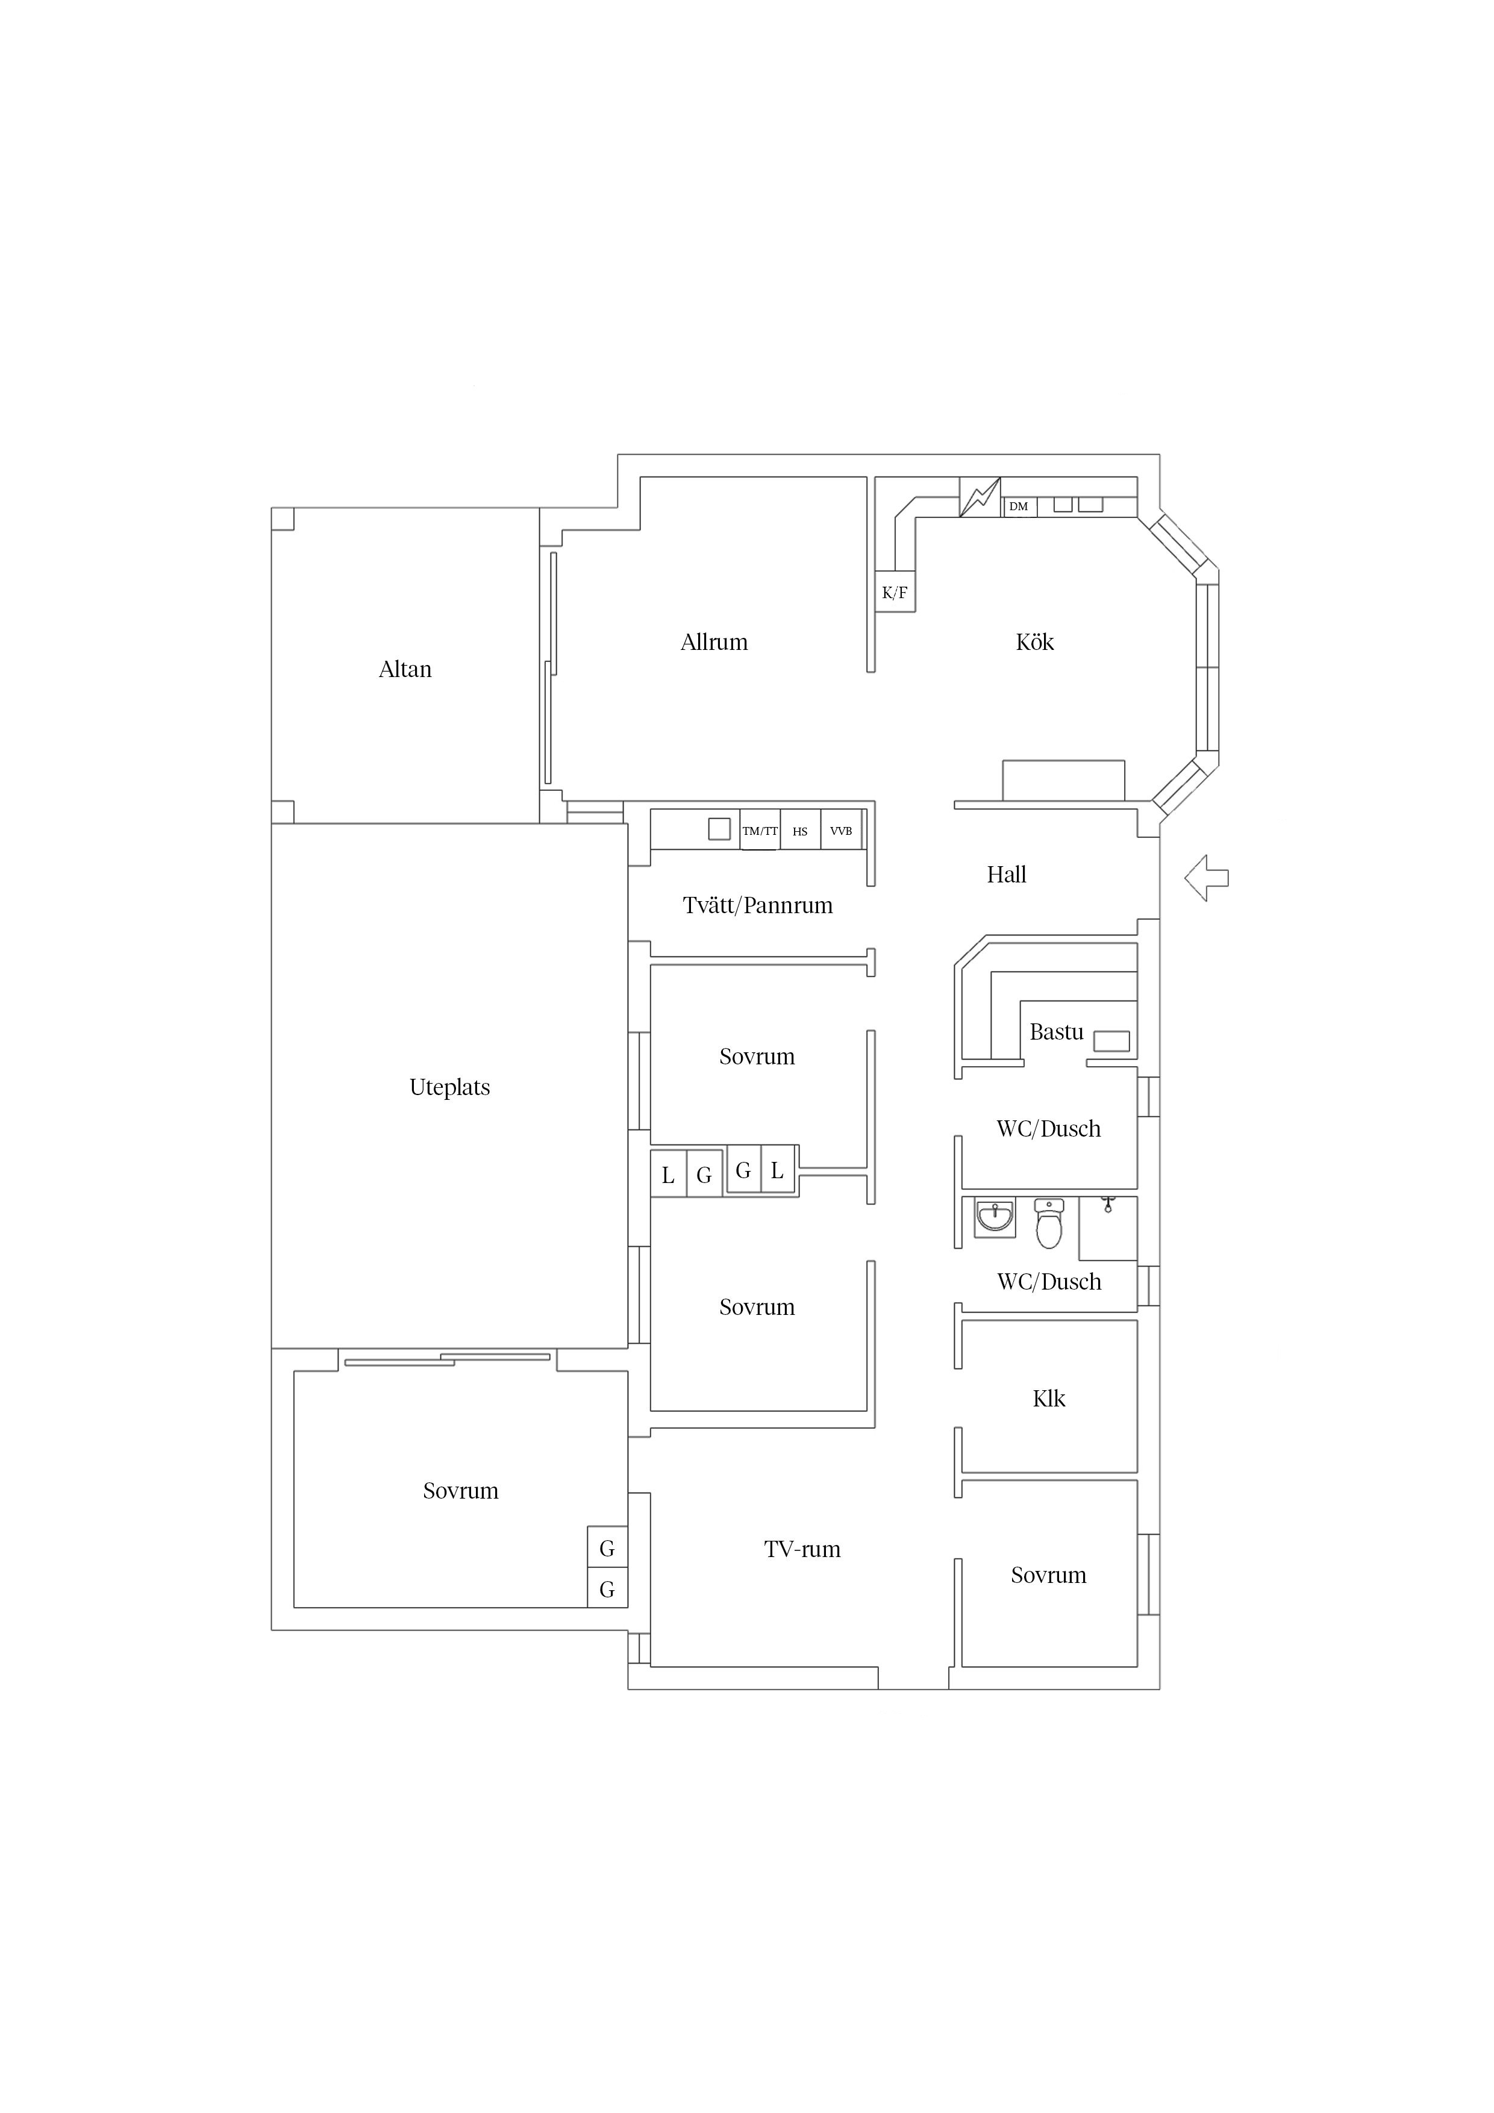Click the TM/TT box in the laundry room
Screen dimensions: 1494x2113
(760, 830)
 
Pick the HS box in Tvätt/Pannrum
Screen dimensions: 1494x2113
(800, 830)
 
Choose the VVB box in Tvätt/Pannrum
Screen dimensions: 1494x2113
(840, 830)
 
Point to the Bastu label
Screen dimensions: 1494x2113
(1056, 1032)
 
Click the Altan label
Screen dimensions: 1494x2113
(405, 669)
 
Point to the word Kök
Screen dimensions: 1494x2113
(1035, 641)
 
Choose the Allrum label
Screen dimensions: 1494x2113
(714, 641)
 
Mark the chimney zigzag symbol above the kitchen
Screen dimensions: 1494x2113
(980, 497)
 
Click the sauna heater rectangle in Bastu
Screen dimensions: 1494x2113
(1111, 1041)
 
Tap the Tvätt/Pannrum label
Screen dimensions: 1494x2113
(758, 905)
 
